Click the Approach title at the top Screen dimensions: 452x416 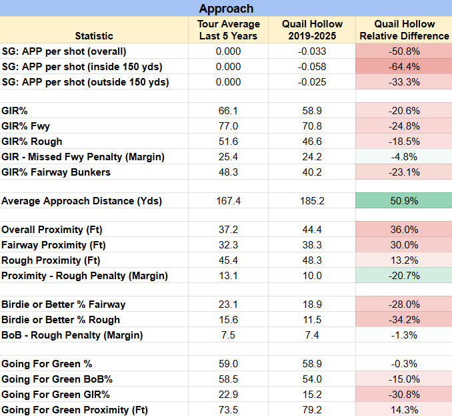(x=226, y=9)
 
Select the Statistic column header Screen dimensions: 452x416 (x=94, y=36)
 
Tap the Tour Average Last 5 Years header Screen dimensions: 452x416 (x=228, y=30)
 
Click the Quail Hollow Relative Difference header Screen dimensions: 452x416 (x=404, y=30)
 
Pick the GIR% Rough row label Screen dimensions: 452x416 (x=32, y=142)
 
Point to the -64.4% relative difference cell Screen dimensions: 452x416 (x=404, y=67)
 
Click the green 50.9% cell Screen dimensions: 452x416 (x=404, y=201)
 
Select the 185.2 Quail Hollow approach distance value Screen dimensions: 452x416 (x=312, y=201)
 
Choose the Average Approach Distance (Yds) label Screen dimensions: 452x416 (x=81, y=201)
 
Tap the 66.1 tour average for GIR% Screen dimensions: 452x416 (x=228, y=111)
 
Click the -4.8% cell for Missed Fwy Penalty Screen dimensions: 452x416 (x=404, y=157)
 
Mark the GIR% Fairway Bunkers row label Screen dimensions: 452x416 (x=56, y=172)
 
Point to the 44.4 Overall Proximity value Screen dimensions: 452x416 (x=312, y=230)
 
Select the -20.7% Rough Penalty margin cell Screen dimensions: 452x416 (x=404, y=276)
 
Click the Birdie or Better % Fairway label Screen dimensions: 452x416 (x=63, y=304)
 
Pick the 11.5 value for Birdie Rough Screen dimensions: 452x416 (x=312, y=320)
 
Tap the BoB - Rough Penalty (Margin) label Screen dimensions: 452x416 (x=72, y=335)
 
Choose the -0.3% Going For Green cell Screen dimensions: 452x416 (x=404, y=364)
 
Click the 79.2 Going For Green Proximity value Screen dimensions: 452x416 (x=312, y=410)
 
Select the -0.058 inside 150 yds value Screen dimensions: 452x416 (x=312, y=67)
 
